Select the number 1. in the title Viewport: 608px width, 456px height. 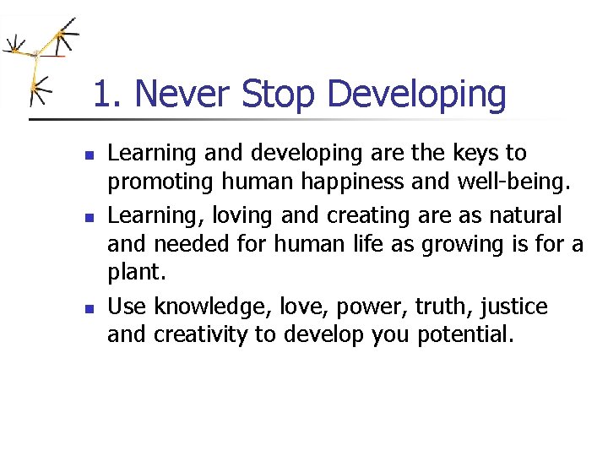tap(106, 95)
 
